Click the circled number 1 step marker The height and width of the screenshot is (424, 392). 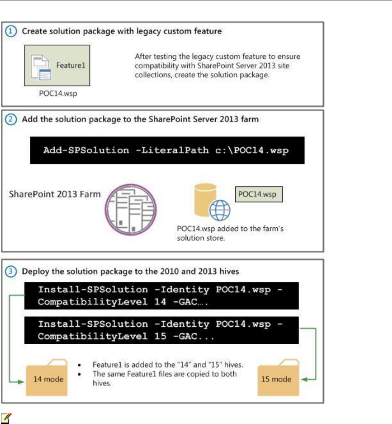[x=13, y=31]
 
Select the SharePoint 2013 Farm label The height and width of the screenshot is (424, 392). [x=55, y=195]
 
